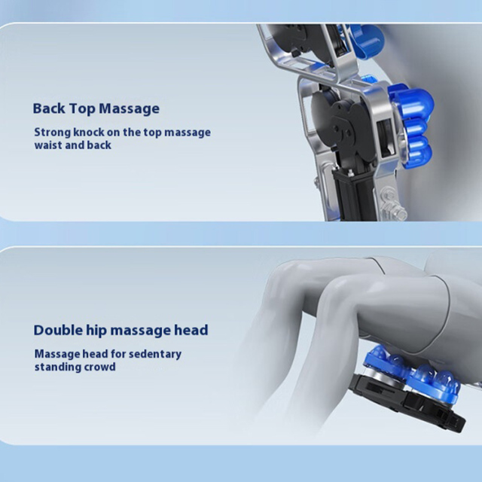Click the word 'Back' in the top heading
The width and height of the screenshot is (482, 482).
coord(49,108)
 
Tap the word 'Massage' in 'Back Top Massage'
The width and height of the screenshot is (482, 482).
coord(129,109)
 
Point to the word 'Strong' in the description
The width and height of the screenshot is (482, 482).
coord(53,133)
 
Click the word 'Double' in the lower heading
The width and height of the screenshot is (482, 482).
coord(58,330)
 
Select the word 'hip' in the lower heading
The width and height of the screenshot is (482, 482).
coord(96,331)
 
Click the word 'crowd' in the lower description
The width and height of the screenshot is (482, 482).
coord(99,367)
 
